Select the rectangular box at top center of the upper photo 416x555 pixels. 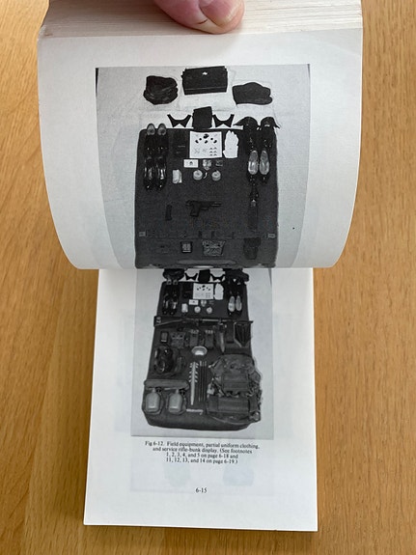pos(204,80)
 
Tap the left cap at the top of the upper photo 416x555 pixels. pos(160,88)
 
